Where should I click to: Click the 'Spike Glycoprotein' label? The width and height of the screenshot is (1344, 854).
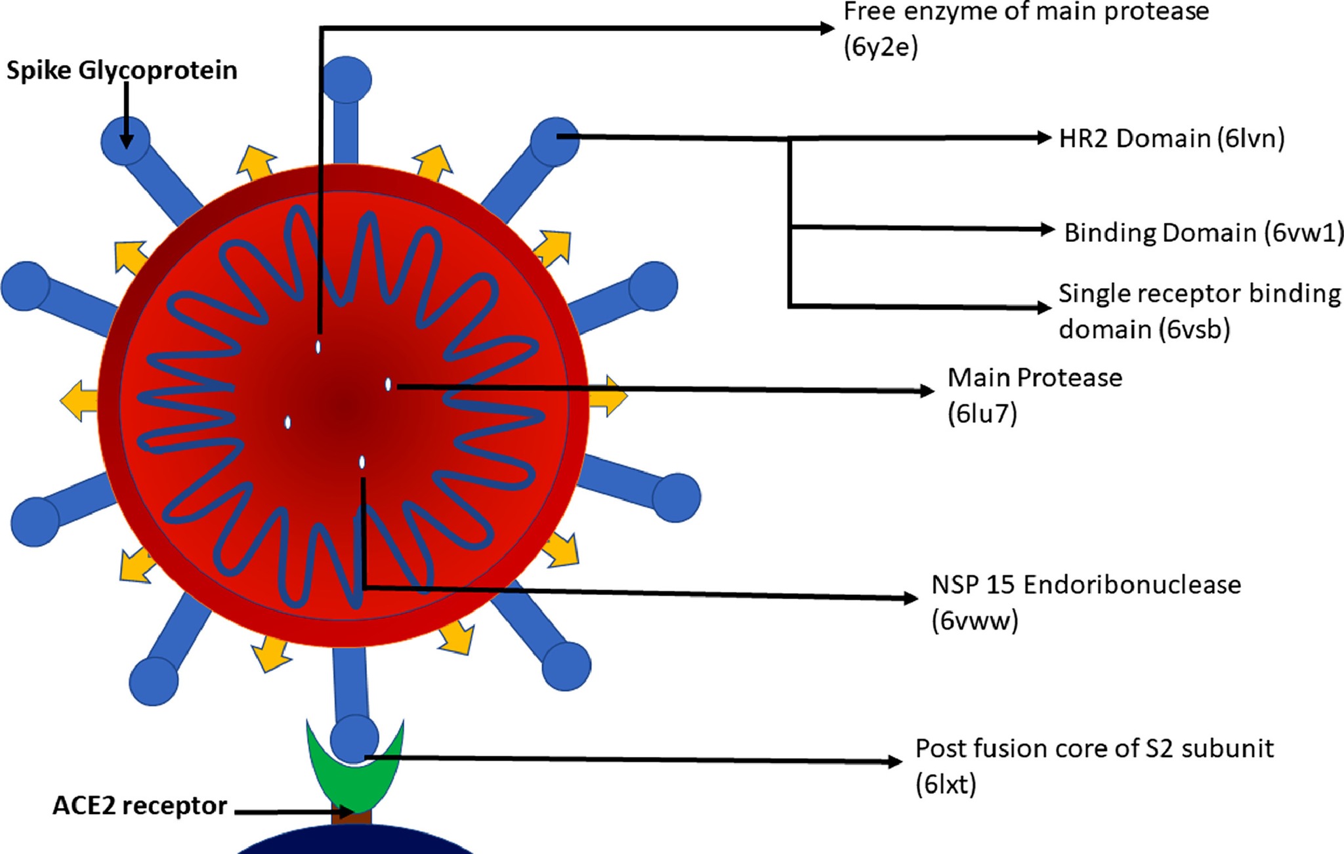click(x=122, y=71)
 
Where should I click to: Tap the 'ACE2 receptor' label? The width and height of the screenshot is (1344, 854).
click(x=140, y=805)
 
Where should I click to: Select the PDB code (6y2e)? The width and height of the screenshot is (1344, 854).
click(x=881, y=47)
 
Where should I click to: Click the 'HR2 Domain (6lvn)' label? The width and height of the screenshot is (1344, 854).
click(x=1172, y=138)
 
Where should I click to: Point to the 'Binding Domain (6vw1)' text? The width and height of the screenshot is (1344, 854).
click(x=1204, y=233)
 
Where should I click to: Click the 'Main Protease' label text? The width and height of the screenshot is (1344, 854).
click(x=1035, y=378)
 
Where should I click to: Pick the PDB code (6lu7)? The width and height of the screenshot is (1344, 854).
click(x=982, y=414)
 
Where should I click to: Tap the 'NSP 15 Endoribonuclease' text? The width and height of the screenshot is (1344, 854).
click(x=1086, y=584)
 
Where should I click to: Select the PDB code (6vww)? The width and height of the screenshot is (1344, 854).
click(x=975, y=620)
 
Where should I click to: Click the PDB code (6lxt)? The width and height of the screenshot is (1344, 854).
click(x=946, y=784)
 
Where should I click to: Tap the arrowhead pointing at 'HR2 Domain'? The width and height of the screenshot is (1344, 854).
click(x=1044, y=138)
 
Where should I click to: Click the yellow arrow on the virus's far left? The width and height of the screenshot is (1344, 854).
click(x=79, y=400)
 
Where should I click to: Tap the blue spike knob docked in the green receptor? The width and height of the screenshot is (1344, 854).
click(x=354, y=739)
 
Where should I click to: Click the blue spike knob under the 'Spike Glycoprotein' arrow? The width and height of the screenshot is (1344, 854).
click(x=125, y=140)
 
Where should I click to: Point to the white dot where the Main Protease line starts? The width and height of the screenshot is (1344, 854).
click(x=388, y=384)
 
